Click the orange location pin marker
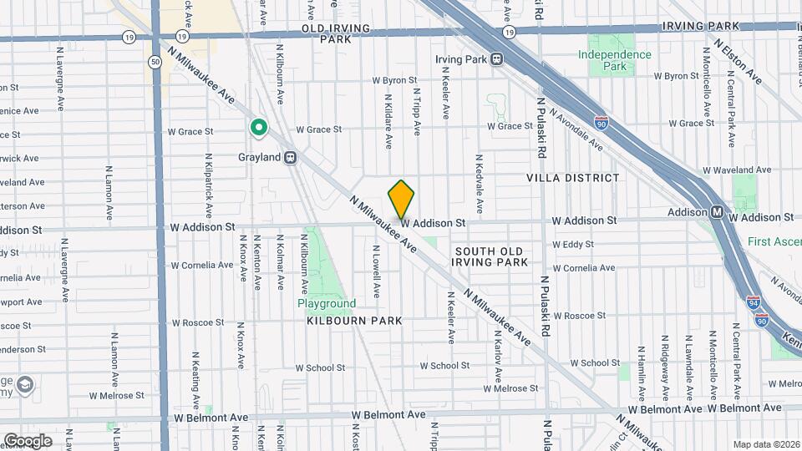[x=401, y=199]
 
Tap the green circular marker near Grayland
[x=259, y=128]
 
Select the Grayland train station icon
[x=291, y=156]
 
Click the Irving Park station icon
[x=496, y=58]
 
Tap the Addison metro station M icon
[x=718, y=212]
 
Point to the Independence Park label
[x=614, y=60]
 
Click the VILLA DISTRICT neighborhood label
[x=573, y=178]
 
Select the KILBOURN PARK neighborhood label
[x=354, y=321]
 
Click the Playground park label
[x=327, y=304]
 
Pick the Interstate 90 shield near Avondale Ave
[x=601, y=123]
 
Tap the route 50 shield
[x=155, y=62]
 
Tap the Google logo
[x=28, y=440]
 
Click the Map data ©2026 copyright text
[x=766, y=444]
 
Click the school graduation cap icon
[x=26, y=384]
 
